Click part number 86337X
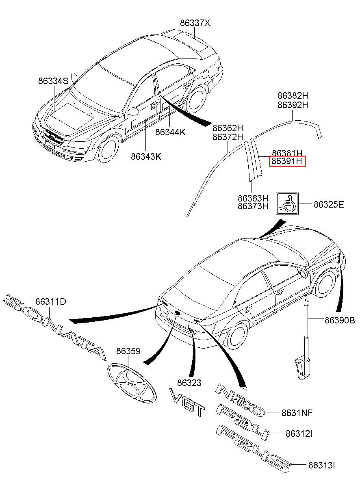(x=195, y=23)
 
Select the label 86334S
(x=53, y=81)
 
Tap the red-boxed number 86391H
(x=287, y=161)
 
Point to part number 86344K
(x=170, y=132)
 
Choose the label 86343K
(x=146, y=156)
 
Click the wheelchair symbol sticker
(x=287, y=204)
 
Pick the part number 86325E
(x=329, y=204)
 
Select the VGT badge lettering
(x=187, y=403)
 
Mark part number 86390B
(x=340, y=321)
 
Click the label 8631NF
(x=297, y=413)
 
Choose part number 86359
(x=128, y=351)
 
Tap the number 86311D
(x=51, y=301)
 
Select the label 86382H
(x=293, y=95)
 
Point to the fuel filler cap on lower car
(x=304, y=274)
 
